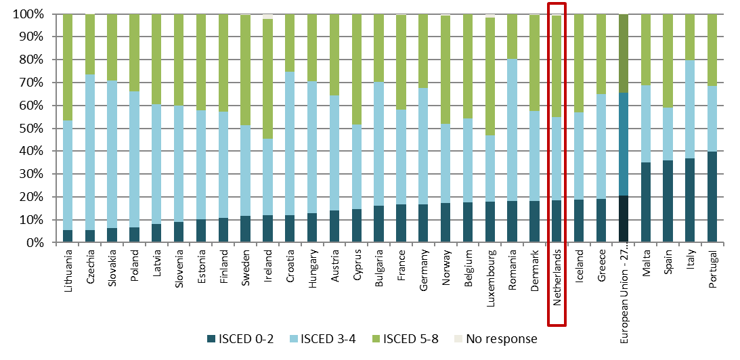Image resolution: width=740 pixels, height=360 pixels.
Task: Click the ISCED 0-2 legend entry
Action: [241, 338]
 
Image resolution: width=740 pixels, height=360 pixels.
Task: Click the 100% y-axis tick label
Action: [28, 14]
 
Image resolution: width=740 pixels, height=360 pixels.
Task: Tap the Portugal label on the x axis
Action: [712, 271]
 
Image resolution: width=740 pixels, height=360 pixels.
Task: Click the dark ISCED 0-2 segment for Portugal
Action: [712, 197]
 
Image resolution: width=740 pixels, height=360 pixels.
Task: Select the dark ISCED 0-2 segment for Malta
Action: [645, 202]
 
